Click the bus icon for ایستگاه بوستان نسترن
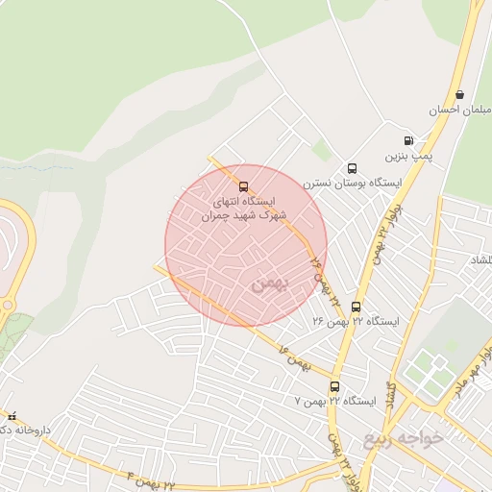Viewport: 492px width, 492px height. point(352,169)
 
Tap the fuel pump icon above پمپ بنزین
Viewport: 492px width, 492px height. point(409,140)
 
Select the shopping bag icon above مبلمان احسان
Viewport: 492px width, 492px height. point(460,95)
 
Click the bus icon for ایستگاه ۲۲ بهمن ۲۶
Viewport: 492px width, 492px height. point(357,307)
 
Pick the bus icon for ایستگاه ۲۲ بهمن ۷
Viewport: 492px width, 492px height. point(334,386)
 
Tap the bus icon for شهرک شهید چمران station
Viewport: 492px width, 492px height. point(243,185)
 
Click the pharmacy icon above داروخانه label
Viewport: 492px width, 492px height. point(11,417)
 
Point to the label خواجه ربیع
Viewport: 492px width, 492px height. point(405,438)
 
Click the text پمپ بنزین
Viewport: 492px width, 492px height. point(404,155)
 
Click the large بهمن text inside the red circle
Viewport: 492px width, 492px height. point(268,283)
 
